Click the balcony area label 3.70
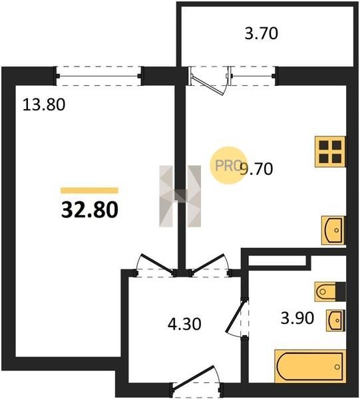point(262,34)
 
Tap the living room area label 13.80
point(44,105)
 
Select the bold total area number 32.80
point(90,209)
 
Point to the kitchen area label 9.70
point(257,169)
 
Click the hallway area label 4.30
point(184,325)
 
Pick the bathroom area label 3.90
point(297,318)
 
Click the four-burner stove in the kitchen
point(331,152)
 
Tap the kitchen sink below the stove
point(333,230)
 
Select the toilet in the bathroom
point(330,292)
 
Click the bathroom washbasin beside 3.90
point(335,321)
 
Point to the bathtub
point(310,366)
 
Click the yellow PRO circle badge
point(228,166)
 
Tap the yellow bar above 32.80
point(89,190)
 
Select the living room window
point(98,76)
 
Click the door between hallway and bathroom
point(237,318)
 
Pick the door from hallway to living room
point(155,265)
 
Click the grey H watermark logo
point(180,196)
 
